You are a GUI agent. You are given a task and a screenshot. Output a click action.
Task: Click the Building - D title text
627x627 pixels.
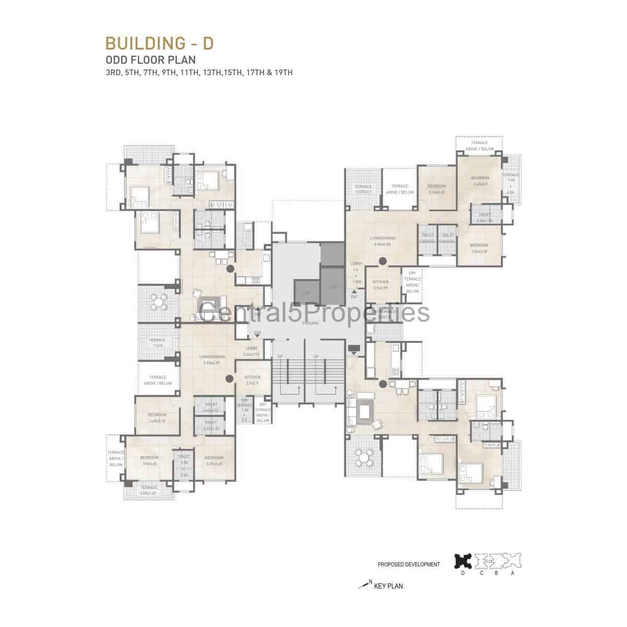[159, 43]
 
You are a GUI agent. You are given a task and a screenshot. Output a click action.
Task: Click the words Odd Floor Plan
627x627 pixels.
[144, 60]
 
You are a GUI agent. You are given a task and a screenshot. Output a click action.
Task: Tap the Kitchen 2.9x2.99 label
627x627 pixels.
[381, 285]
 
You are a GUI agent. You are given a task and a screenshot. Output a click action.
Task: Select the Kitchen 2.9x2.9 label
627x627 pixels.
[252, 380]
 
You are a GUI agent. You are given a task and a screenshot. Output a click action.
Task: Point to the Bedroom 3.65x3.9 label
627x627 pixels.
[480, 181]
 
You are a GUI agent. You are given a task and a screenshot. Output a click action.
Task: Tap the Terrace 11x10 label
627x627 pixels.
[157, 343]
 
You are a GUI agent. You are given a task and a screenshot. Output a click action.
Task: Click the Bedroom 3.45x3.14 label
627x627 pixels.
[157, 417]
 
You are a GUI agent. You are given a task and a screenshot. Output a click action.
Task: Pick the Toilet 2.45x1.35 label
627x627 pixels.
[484, 217]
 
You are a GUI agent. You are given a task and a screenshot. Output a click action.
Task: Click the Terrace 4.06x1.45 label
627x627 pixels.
[149, 491]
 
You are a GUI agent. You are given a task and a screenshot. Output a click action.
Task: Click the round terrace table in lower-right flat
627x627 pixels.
[364, 458]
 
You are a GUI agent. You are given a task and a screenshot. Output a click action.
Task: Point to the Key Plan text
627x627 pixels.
[388, 586]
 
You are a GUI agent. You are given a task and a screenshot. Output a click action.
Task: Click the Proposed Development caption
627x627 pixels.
[408, 565]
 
